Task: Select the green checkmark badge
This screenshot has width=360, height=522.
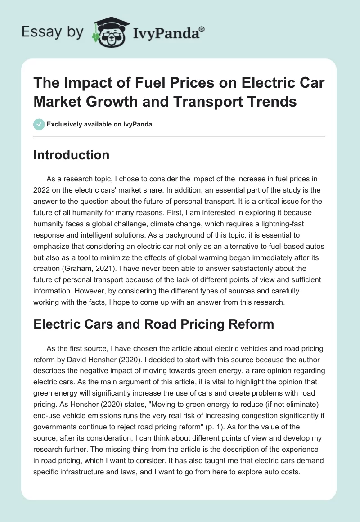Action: coord(39,124)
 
